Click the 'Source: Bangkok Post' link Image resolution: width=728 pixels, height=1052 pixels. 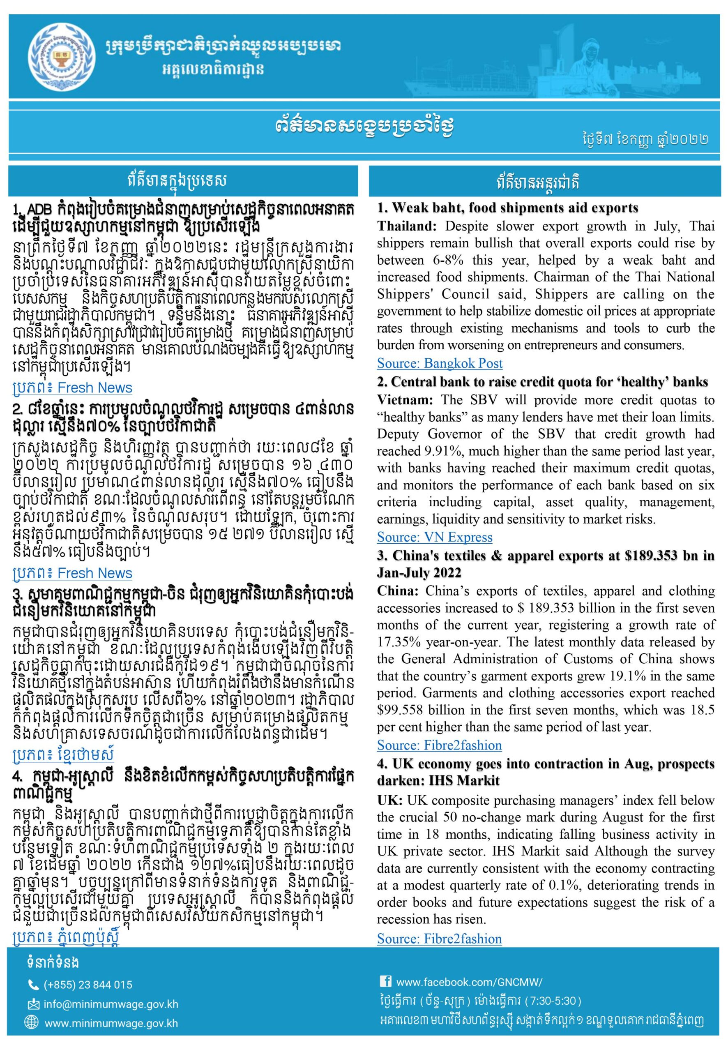pyautogui.click(x=439, y=363)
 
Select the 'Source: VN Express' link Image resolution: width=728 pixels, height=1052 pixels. pyautogui.click(x=434, y=537)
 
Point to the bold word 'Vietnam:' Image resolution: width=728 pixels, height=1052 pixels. pyautogui.click(x=405, y=400)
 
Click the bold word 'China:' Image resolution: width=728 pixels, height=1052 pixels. pyautogui.click(x=397, y=591)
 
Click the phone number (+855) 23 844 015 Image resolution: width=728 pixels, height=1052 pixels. pyautogui.click(x=88, y=985)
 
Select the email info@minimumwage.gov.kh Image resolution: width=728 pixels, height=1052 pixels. pyautogui.click(x=111, y=1004)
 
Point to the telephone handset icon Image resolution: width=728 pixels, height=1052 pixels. pyautogui.click(x=33, y=985)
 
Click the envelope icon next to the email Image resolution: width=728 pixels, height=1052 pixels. pyautogui.click(x=33, y=1004)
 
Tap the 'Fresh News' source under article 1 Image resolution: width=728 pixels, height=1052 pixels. pyautogui.click(x=95, y=388)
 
